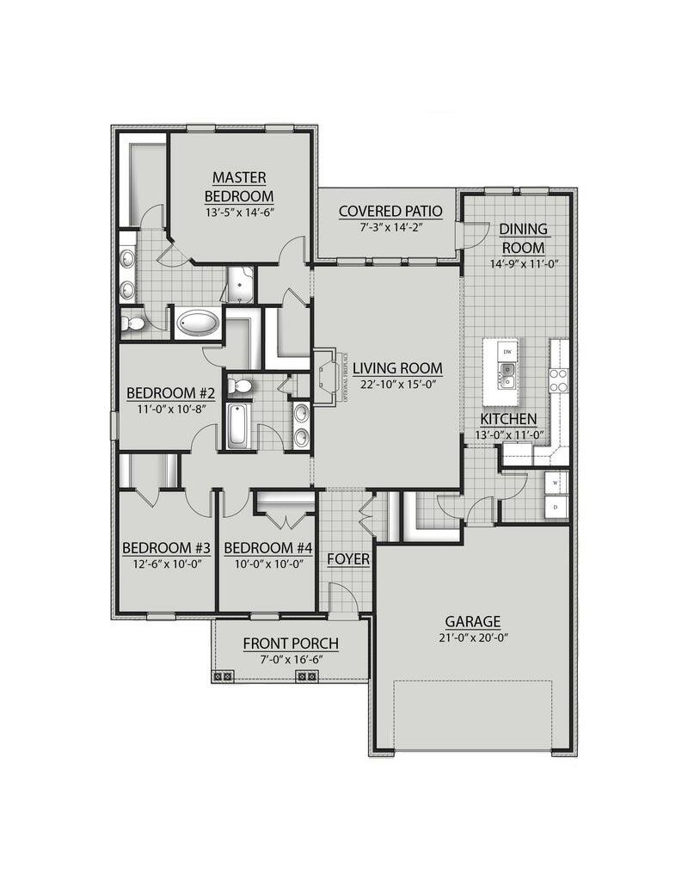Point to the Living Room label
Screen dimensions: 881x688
tap(396, 367)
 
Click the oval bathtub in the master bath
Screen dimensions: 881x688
tap(197, 324)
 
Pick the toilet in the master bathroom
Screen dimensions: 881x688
tap(132, 323)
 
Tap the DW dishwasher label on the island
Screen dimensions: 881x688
tap(507, 352)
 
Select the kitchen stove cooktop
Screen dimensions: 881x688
tap(559, 379)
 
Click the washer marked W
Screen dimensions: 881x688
tap(556, 483)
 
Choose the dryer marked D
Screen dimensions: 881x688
tap(556, 508)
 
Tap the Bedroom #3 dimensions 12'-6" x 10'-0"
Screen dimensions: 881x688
tap(166, 564)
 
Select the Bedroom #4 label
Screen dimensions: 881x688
tap(267, 548)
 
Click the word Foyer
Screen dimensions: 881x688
tap(348, 559)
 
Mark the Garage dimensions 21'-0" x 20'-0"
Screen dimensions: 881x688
tap(472, 638)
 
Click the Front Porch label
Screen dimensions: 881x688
tap(291, 643)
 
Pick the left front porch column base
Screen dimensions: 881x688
tap(223, 676)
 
